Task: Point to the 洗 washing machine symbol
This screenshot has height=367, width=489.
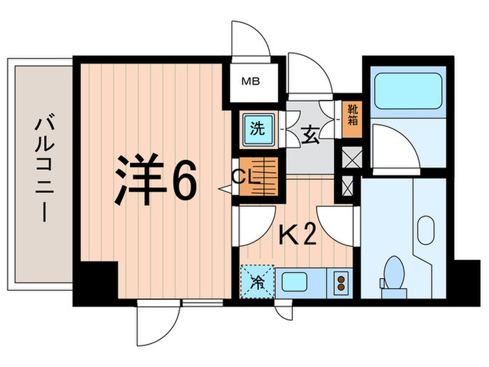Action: coord(258,129)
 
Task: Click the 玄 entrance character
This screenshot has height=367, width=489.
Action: coord(310,134)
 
